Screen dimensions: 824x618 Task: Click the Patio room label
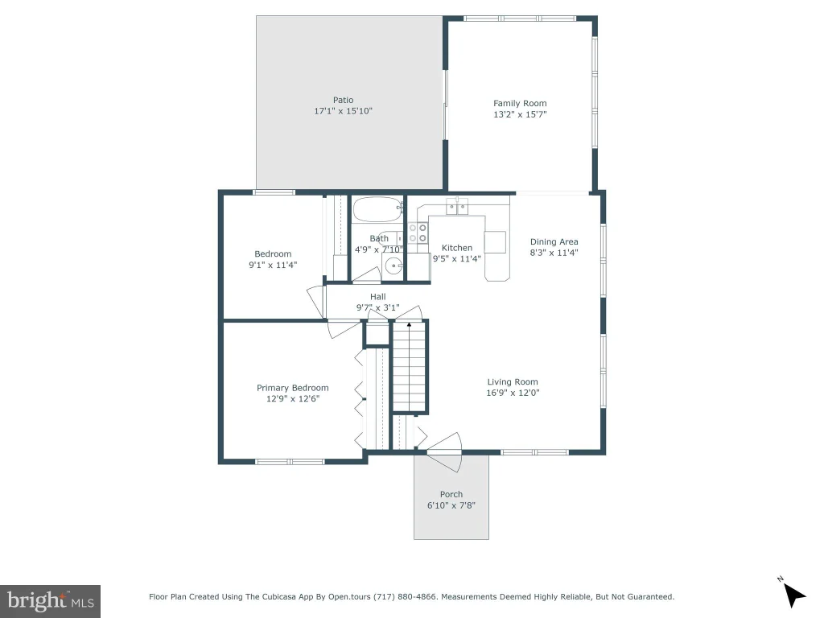pos(343,100)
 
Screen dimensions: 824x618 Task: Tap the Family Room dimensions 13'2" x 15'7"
pos(520,114)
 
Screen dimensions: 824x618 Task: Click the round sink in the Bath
pos(393,266)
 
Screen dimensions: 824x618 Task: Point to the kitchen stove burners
pos(418,233)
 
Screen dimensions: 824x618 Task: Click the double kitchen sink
pos(457,207)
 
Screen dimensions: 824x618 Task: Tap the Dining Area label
pos(554,241)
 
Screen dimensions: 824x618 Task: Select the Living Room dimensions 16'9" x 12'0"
pos(513,393)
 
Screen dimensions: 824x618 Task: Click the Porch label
pos(451,495)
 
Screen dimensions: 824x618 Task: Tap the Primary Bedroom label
pos(293,388)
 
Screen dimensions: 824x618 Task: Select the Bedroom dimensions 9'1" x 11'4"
pos(273,265)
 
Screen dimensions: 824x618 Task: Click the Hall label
pos(378,297)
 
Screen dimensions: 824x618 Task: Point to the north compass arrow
pos(793,595)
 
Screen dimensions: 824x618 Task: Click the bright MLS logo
pos(51,601)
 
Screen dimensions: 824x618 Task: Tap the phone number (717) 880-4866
pos(405,596)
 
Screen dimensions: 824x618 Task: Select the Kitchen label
pos(457,248)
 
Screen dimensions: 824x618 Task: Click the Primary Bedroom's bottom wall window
pos(290,462)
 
